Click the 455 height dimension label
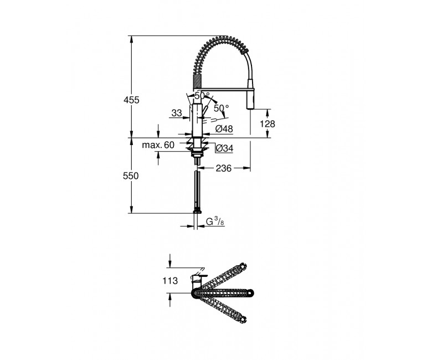(x=131, y=100)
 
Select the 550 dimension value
(x=131, y=176)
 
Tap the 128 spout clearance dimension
(x=268, y=124)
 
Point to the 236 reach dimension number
(x=223, y=168)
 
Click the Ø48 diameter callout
(x=224, y=128)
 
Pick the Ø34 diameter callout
(x=224, y=148)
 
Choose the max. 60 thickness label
(x=158, y=145)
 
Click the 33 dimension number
(x=177, y=113)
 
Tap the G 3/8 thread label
(x=214, y=221)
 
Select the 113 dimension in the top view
(x=170, y=281)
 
